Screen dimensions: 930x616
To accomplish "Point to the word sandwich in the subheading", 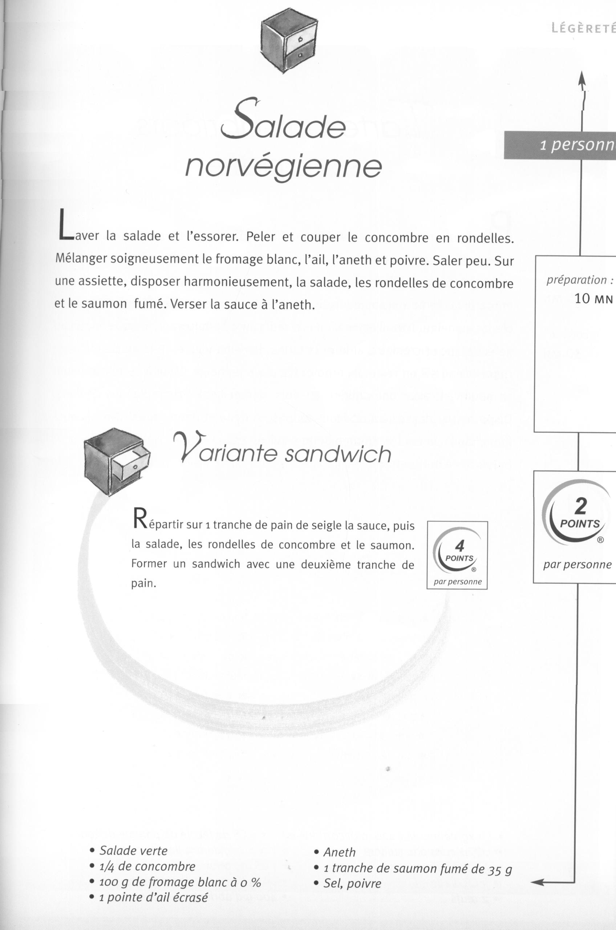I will point(338,454).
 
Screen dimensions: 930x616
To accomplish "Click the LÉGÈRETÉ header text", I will point(583,28).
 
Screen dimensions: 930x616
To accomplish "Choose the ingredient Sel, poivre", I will point(352,883).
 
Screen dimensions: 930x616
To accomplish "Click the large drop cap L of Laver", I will point(65,225).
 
